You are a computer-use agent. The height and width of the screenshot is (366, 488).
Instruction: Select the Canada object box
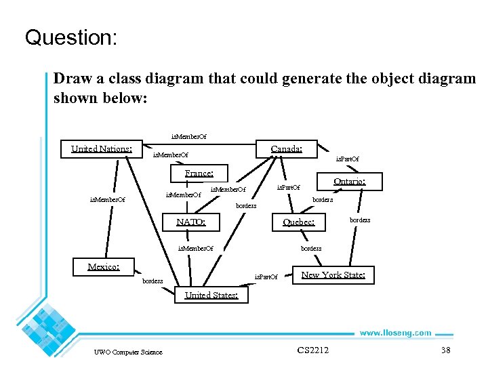[x=286, y=149]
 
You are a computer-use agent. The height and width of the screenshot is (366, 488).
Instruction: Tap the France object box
[x=199, y=174]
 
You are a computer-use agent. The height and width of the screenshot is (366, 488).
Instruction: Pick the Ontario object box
[x=349, y=182]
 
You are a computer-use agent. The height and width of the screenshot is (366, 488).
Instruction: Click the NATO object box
[x=191, y=222]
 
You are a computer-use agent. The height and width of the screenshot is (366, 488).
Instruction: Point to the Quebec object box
[x=298, y=222]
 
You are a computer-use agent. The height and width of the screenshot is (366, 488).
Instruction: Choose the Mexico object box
[x=104, y=266]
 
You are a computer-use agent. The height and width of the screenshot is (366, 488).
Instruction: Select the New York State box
[x=333, y=274]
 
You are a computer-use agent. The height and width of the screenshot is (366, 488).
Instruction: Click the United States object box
[x=211, y=295]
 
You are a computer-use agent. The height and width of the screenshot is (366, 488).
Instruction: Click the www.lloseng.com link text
[x=394, y=333]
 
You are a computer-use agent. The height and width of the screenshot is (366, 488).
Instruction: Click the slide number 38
[x=445, y=350]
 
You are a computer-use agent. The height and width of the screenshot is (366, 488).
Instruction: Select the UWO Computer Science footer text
[x=128, y=352]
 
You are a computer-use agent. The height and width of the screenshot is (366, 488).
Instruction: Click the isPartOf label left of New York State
[x=266, y=277]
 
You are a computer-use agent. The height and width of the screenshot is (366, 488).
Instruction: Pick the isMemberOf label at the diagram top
[x=188, y=136]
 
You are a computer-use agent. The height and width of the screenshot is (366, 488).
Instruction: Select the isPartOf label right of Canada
[x=348, y=159]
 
